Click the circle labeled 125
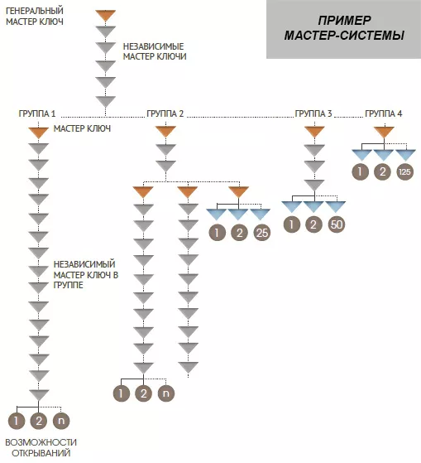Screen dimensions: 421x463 point(404,171)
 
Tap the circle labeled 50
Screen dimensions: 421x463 point(336,224)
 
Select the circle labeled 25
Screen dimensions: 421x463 point(262,233)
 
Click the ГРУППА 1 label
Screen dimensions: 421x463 point(37,113)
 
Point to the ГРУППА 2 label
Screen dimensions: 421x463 point(165,113)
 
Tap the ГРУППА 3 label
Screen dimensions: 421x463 point(313,113)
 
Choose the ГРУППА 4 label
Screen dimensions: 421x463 point(384,113)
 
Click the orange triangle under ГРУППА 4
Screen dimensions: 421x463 point(384,132)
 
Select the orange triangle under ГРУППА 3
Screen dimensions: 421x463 point(314,132)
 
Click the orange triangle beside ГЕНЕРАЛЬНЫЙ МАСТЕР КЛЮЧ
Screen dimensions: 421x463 point(105,15)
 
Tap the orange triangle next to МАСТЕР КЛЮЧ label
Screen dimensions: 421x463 point(38,133)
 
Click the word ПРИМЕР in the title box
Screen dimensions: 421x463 point(344,21)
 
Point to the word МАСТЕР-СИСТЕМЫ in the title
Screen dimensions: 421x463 point(344,36)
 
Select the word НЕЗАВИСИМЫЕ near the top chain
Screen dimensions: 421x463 point(153,46)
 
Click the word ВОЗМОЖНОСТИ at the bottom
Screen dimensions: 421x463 point(41,442)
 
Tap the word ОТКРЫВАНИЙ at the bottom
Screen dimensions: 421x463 point(41,453)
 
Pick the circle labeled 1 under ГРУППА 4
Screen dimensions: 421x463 point(361,171)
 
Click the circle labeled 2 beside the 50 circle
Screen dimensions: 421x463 point(313,224)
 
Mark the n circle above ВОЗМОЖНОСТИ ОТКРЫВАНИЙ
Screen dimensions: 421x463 point(61,421)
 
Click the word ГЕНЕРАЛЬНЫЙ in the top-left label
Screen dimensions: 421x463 point(35,11)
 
